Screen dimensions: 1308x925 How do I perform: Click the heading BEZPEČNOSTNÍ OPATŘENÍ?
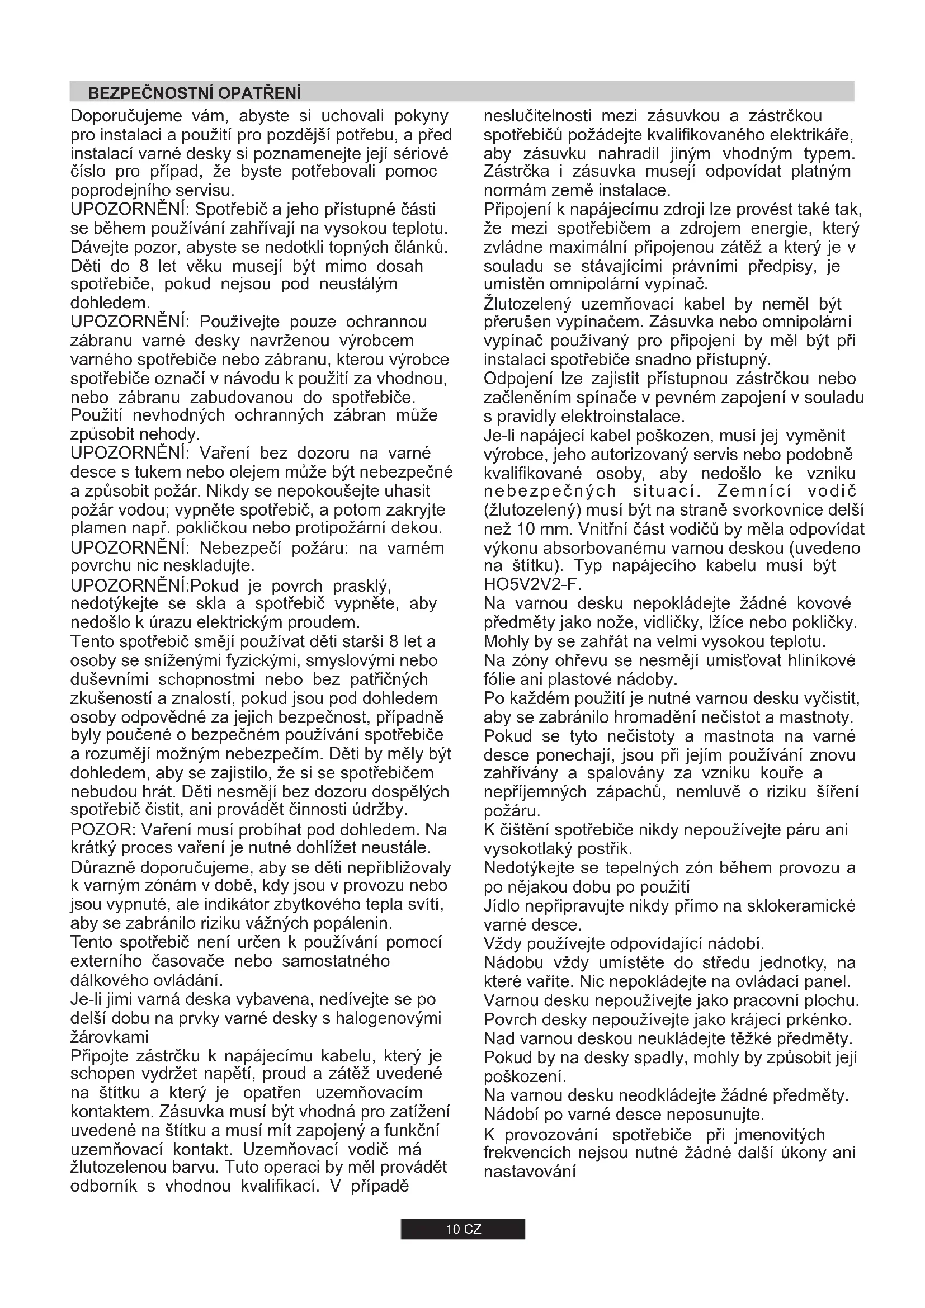click(x=194, y=93)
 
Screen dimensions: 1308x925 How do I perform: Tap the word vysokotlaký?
click(x=527, y=849)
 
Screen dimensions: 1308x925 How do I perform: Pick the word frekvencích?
click(x=527, y=1153)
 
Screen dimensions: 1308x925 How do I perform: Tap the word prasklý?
click(x=362, y=585)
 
